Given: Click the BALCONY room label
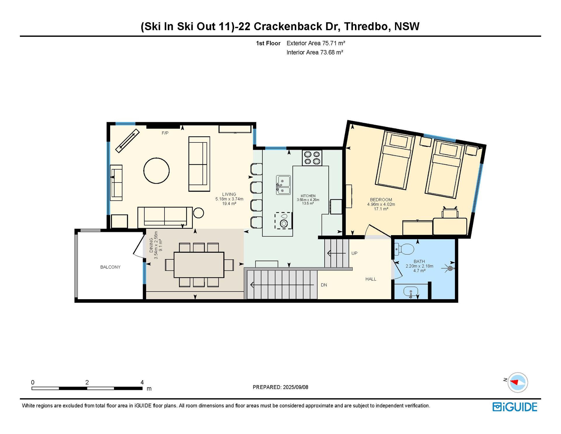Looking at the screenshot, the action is coord(110,267).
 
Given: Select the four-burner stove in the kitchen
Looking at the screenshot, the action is coord(312,158).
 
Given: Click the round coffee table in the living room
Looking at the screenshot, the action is coord(156,170).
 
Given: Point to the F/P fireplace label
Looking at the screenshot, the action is coord(165,133).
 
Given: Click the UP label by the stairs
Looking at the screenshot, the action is coord(354,253).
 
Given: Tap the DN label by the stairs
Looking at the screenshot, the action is coord(324,285).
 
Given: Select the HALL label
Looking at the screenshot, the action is coord(371,279).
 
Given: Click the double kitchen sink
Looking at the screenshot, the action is coord(283,185).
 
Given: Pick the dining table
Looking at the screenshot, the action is coord(199,265).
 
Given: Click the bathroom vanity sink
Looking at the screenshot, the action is coord(411,292).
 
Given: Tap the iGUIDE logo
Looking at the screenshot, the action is coord(515,407).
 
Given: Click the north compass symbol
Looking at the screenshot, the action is coord(517,382).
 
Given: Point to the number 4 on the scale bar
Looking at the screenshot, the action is coord(142,382).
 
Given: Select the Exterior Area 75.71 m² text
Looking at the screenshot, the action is coord(316,43).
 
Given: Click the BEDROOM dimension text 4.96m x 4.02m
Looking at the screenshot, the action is coord(381,204).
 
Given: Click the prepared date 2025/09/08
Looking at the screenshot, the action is coord(295,387).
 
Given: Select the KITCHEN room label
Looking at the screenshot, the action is coord(308,196).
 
